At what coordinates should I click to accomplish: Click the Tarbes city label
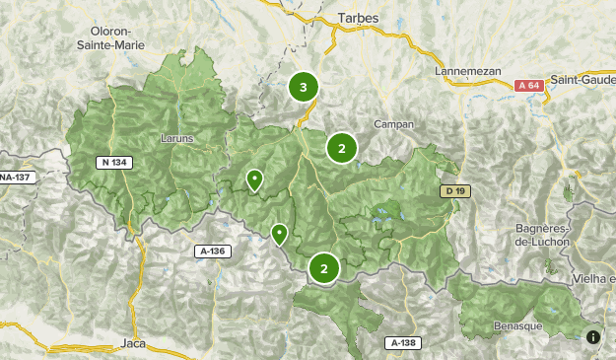point(358,19)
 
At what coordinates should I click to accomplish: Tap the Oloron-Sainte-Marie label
point(109,38)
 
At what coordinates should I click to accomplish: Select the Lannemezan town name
point(468,71)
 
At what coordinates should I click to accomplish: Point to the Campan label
point(394,124)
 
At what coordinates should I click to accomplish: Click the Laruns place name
point(177,139)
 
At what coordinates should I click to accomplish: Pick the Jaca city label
point(132,342)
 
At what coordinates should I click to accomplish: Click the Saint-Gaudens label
point(582,79)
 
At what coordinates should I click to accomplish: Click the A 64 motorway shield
point(529,86)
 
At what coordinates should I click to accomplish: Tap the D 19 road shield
point(452,190)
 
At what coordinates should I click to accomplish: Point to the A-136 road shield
point(213,252)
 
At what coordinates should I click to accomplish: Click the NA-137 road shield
point(17,178)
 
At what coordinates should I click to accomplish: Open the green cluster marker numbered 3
point(304,87)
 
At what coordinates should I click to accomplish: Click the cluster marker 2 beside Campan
point(341,149)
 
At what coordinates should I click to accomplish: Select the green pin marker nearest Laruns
point(254,180)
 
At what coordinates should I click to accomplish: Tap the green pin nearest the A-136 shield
point(279,234)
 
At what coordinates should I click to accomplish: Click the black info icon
point(593,336)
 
